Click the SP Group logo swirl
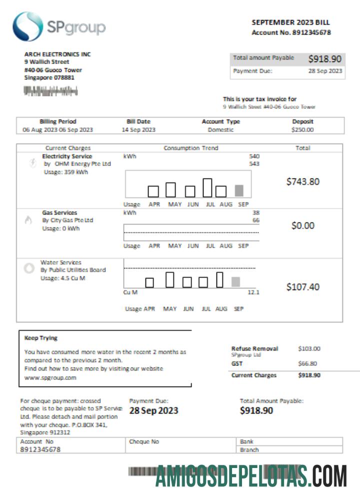click(27, 26)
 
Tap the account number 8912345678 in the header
click(311, 32)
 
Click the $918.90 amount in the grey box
click(324, 58)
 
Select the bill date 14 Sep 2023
click(138, 129)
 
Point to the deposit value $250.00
click(302, 129)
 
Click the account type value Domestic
click(220, 129)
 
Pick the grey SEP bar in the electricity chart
click(239, 190)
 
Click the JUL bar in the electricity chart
click(207, 187)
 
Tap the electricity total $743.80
click(302, 181)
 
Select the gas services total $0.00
click(302, 225)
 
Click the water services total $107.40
click(302, 287)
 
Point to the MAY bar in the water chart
click(170, 279)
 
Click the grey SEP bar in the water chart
click(235, 282)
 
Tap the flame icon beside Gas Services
click(28, 221)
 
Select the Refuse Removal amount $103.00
click(309, 348)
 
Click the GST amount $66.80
click(307, 363)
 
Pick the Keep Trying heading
click(41, 338)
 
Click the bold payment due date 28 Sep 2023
click(153, 411)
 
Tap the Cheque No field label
click(144, 441)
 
